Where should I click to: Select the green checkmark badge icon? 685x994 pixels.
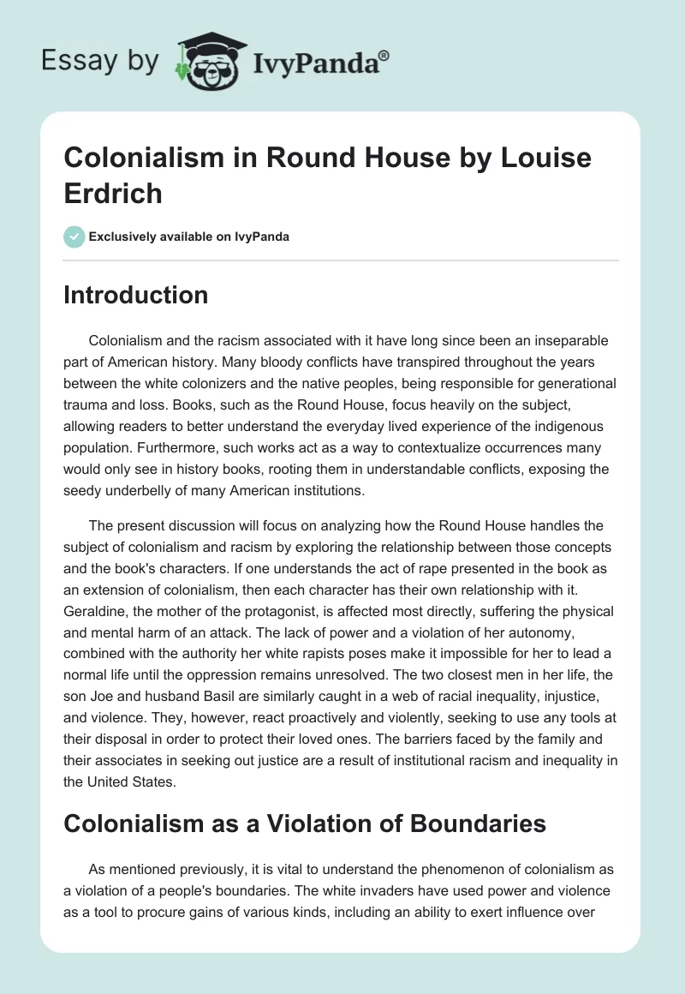click(x=74, y=237)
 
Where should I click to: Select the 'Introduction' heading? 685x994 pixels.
click(x=135, y=296)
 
